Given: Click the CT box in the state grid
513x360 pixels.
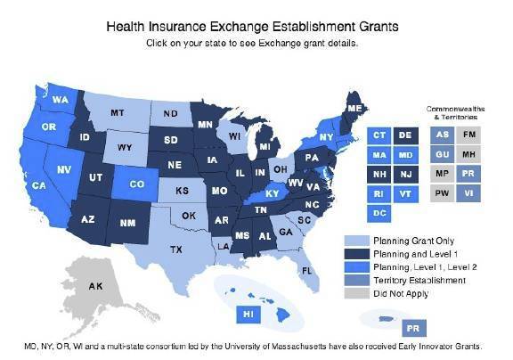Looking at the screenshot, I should (x=380, y=135).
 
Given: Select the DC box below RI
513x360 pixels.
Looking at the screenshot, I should (x=380, y=214).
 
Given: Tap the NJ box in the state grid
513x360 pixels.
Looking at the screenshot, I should (x=406, y=175).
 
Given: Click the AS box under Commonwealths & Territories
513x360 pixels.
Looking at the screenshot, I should (x=442, y=135).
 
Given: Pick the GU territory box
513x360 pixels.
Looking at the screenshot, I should (x=442, y=154).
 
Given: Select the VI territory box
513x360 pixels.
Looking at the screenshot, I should (x=468, y=194).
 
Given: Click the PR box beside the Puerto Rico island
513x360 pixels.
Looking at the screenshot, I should (x=413, y=326).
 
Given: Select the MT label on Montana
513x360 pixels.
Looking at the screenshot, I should (x=117, y=114).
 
